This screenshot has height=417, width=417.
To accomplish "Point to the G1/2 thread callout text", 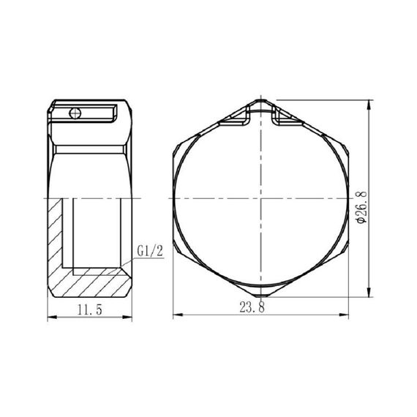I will (149, 252).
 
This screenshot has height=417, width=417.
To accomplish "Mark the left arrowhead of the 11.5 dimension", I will (50, 317).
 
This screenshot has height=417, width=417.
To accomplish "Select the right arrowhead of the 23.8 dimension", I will (348, 317).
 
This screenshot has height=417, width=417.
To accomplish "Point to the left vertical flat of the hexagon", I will (174, 199).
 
